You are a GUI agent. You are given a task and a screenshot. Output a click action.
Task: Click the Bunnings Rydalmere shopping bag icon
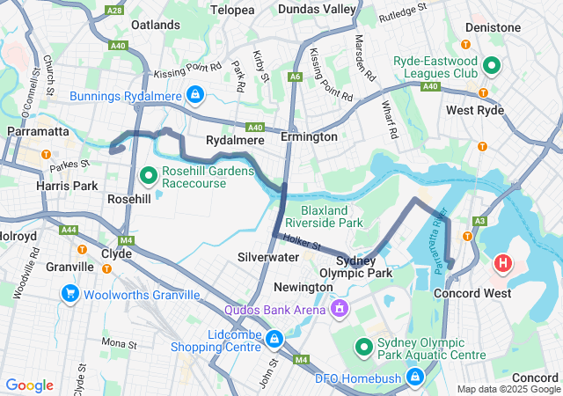pos(195,92)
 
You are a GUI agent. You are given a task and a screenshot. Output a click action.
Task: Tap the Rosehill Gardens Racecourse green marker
pos(147,175)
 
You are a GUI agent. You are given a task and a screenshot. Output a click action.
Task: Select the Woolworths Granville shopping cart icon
pos(69,292)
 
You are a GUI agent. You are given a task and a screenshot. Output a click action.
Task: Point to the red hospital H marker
pos(503,262)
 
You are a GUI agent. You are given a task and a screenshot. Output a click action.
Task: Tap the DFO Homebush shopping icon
pos(415,378)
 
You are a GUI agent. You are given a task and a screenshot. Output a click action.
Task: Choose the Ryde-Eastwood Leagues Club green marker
pos(491,66)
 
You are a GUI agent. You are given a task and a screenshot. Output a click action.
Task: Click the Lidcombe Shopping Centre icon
pos(274,338)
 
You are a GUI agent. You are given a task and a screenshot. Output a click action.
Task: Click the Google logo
pos(29,385)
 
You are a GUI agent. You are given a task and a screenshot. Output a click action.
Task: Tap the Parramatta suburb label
pos(38,130)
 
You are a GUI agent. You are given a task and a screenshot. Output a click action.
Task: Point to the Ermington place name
pos(309,137)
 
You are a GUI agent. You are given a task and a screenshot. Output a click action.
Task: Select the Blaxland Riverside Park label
pos(331,217)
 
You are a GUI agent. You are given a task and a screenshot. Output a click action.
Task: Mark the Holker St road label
pos(302,242)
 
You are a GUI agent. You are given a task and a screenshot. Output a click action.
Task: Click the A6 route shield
pos(296,77)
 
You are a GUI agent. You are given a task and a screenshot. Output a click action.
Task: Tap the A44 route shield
pos(69,230)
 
